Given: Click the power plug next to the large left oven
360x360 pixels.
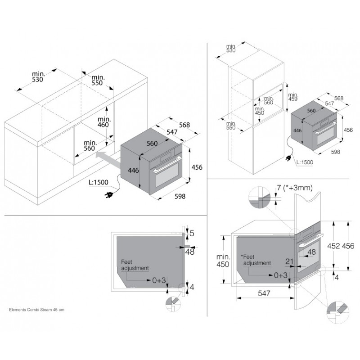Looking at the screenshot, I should (108, 195).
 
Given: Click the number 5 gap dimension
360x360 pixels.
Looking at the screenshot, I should (192, 233).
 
